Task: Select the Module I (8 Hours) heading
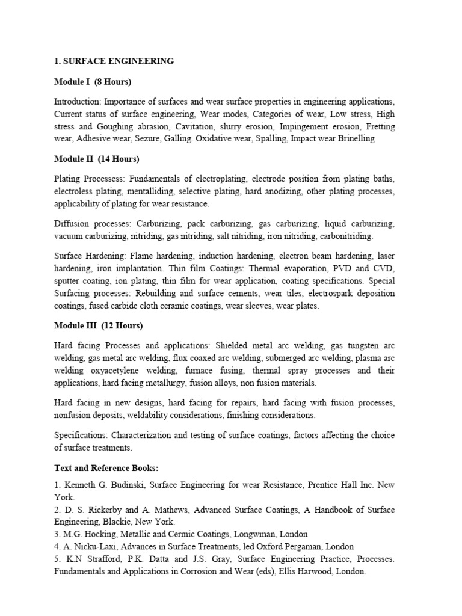[93, 81]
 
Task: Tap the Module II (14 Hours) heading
[96, 159]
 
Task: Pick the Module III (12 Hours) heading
[98, 325]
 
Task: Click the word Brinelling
[355, 138]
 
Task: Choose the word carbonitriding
[345, 236]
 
